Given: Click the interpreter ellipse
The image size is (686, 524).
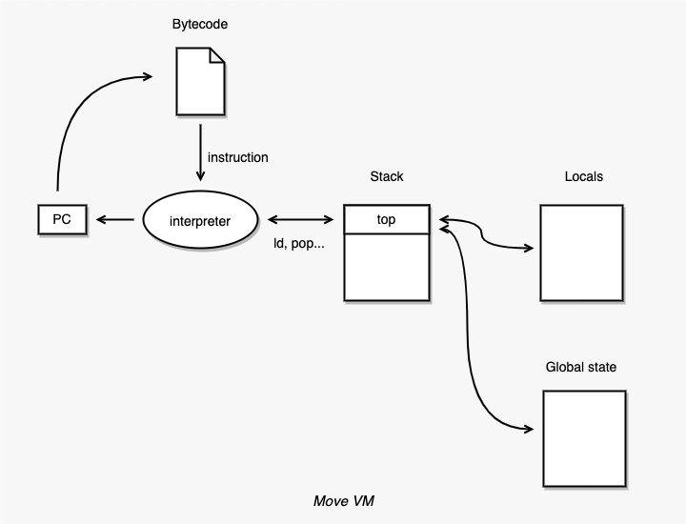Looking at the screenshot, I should coord(200,221).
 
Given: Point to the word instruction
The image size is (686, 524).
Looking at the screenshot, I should coord(237,156).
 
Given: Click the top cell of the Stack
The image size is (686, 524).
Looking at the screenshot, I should coord(386,220).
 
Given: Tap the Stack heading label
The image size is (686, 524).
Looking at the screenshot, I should coord(386,177).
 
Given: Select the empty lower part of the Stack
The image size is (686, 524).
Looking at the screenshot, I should coord(386,267).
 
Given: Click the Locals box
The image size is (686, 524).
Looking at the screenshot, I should coord(581,252).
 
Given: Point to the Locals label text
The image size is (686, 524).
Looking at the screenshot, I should coord(583,177).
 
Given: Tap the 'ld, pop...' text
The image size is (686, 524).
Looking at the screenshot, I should coord(299,245).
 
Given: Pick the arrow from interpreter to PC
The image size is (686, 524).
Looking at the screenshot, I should coord(115,221).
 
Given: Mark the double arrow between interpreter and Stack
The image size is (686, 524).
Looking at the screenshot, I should coord(301,221).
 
